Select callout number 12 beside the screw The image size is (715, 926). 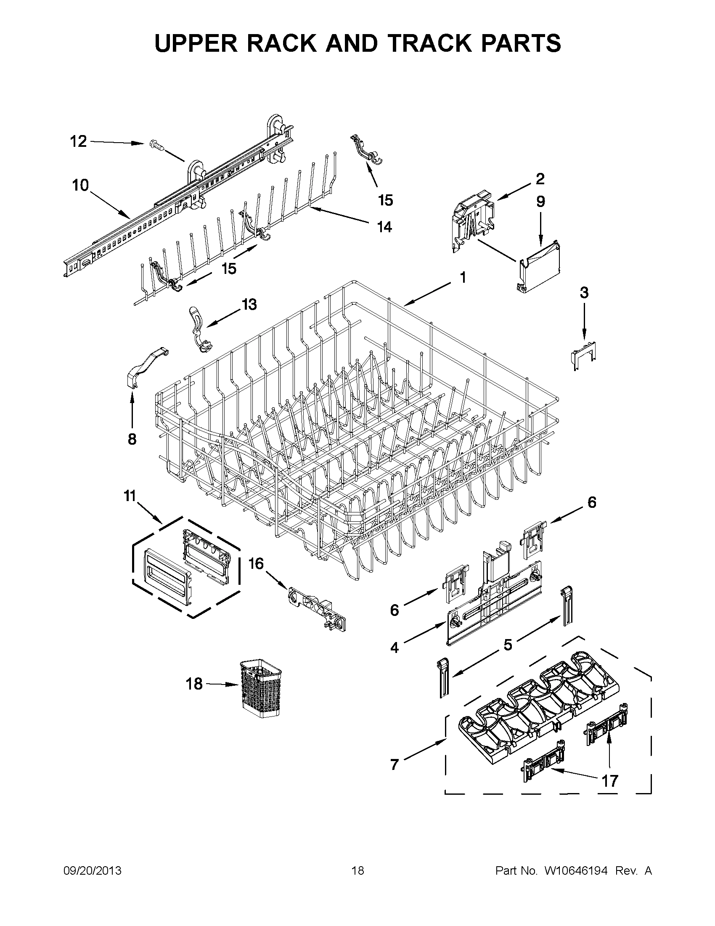coord(78,141)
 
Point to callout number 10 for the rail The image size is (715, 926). coord(80,185)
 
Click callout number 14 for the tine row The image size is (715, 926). coord(384,227)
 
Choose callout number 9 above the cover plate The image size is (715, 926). coord(540,202)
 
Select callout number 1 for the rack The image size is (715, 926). coord(463,278)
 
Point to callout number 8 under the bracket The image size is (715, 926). coord(132,439)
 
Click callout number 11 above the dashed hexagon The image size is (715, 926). coord(130,495)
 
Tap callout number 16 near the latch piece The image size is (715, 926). coord(256,563)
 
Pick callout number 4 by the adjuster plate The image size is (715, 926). coord(395,647)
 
